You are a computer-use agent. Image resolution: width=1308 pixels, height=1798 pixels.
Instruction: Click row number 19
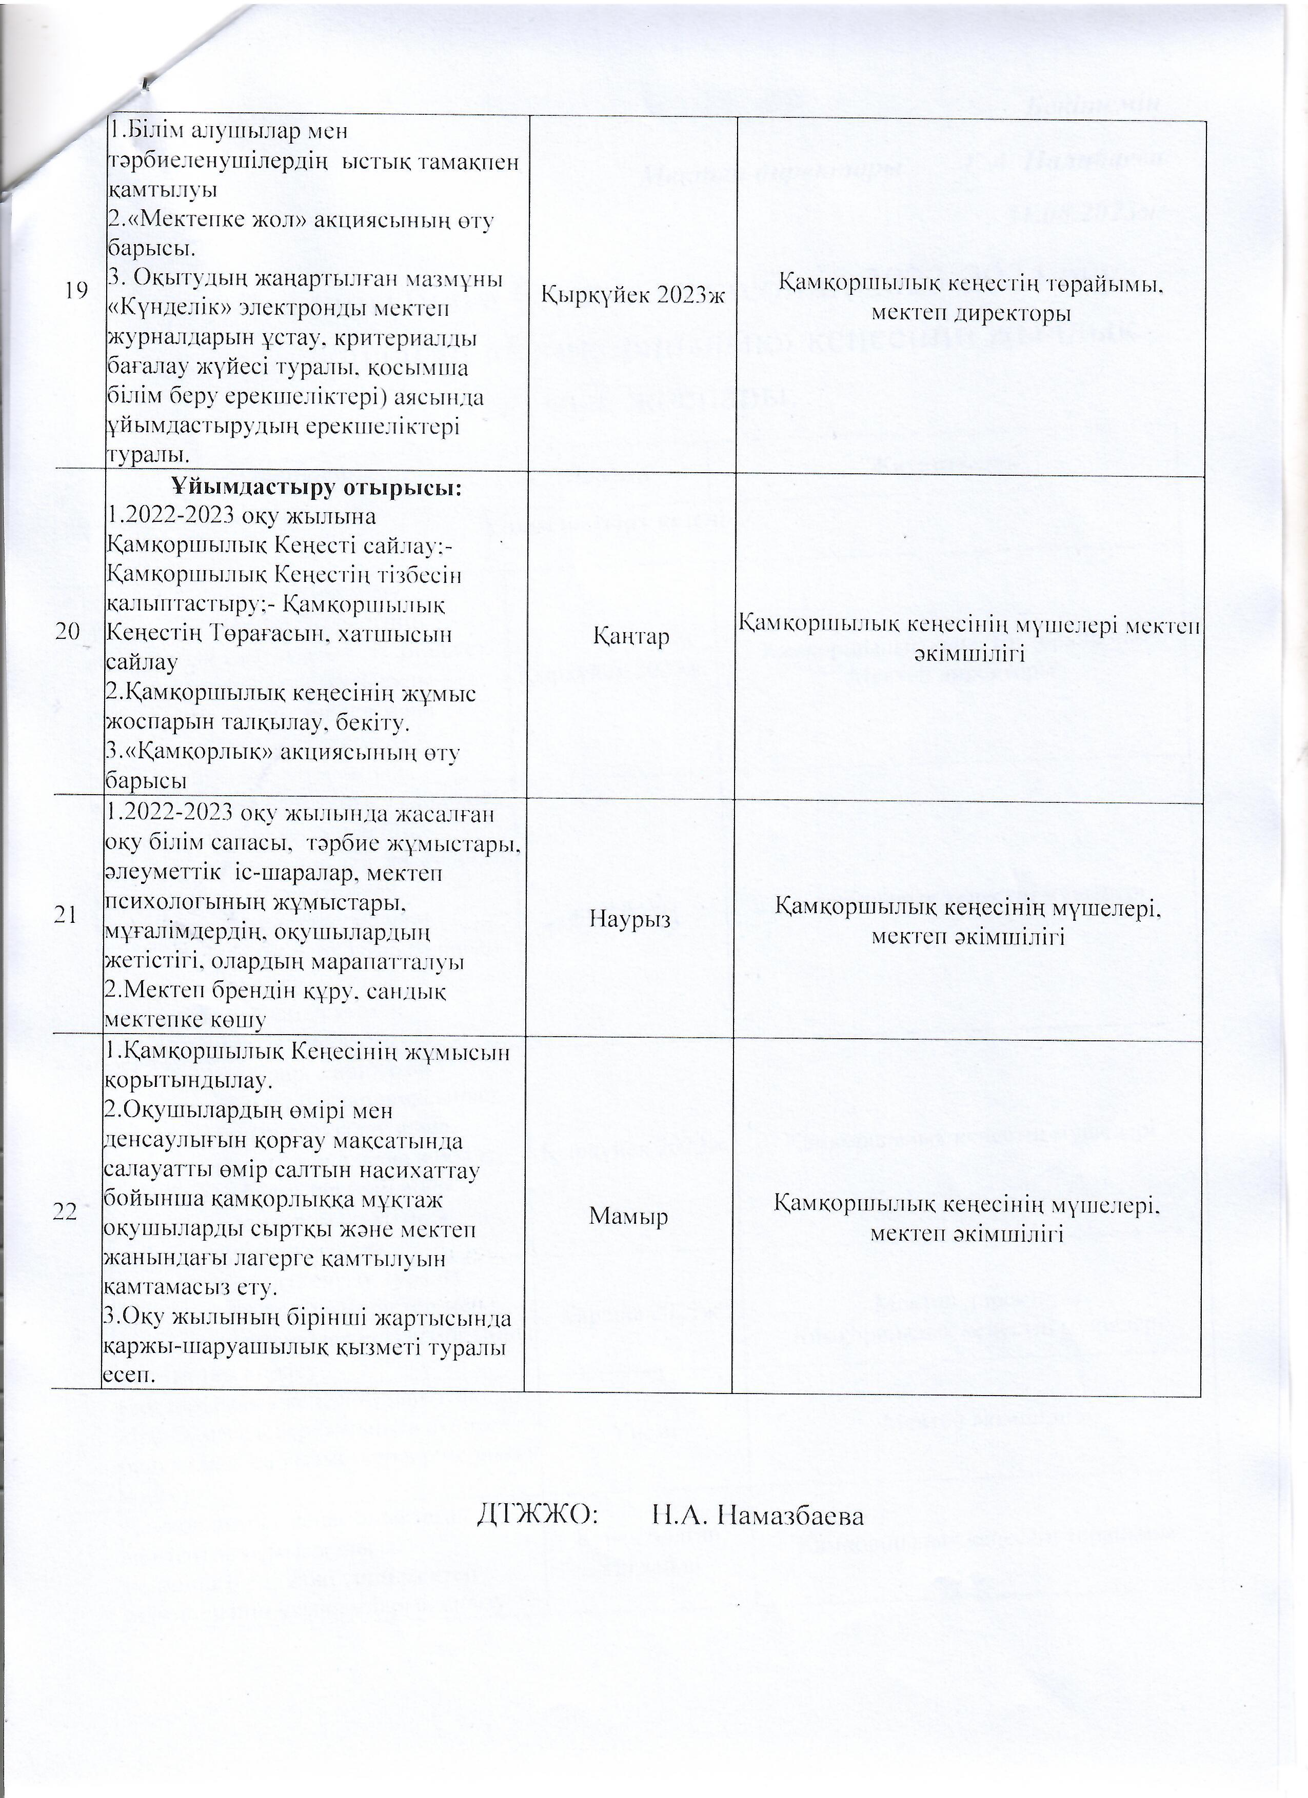point(77,291)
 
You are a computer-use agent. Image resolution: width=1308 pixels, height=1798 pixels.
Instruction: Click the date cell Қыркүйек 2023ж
point(633,294)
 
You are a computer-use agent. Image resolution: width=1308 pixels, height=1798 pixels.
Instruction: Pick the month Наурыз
point(630,919)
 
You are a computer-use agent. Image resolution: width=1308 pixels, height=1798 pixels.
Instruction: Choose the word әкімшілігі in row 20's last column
point(969,653)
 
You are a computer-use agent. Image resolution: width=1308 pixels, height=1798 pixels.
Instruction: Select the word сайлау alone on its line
point(141,663)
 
